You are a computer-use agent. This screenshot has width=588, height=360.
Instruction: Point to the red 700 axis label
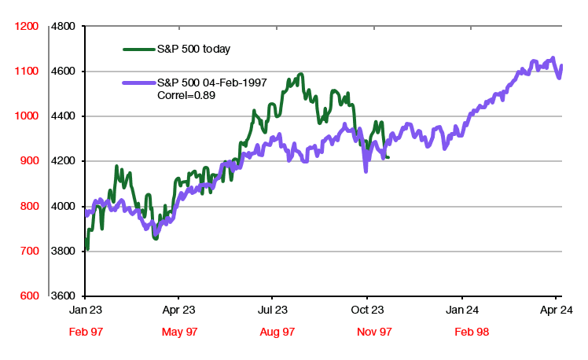[x=28, y=252]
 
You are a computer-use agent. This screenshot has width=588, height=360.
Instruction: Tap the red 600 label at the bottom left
[x=28, y=296]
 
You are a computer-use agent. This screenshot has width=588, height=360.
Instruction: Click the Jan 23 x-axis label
[x=84, y=310]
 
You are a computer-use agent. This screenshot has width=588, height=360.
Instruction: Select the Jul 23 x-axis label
[x=271, y=310]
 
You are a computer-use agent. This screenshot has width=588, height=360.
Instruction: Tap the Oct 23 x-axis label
[x=366, y=310]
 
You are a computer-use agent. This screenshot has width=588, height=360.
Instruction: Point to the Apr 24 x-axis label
[x=556, y=310]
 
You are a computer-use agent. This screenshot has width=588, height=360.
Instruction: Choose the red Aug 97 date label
[x=277, y=332]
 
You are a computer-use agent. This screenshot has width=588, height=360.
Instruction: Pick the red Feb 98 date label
[x=472, y=332]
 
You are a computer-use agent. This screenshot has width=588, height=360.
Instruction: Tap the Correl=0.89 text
[x=187, y=95]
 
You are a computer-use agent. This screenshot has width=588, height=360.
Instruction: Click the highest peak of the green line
[x=300, y=75]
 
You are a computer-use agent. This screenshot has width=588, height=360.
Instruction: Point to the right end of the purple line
[x=561, y=66]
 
